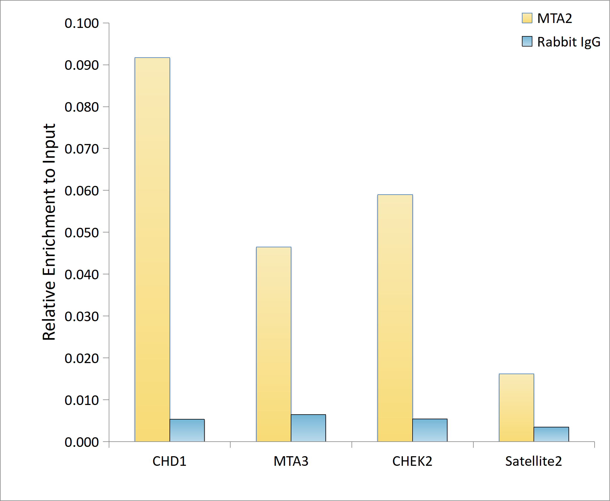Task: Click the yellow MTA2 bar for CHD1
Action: tap(152, 249)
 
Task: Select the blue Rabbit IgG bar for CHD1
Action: tap(187, 430)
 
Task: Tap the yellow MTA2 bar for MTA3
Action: tap(274, 344)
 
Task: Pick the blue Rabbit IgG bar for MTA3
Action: tap(308, 428)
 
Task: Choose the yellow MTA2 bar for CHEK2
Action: tap(395, 318)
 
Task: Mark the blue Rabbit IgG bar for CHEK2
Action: tap(430, 430)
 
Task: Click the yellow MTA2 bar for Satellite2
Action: tap(516, 408)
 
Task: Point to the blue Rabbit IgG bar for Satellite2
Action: tap(551, 434)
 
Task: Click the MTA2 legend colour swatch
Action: tap(527, 18)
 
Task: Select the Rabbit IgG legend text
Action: tap(568, 42)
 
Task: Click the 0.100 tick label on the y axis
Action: tap(82, 23)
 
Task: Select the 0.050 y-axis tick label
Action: tap(82, 233)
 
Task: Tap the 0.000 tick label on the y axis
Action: tap(82, 442)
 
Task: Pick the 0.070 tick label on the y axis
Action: tap(82, 149)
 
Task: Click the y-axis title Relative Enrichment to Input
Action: tap(49, 232)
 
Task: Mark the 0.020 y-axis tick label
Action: tap(82, 358)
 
